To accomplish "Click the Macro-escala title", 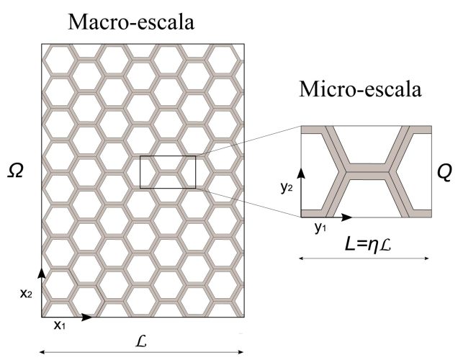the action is [131, 22].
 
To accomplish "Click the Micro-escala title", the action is [361, 89].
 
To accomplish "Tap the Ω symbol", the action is [15, 171].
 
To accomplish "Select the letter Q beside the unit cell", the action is [444, 173].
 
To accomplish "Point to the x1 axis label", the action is [59, 325].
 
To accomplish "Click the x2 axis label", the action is [26, 294].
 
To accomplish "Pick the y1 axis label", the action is [320, 228].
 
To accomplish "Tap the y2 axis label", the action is [287, 188].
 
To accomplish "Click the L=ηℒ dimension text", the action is [368, 245].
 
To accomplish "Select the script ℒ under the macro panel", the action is [141, 341].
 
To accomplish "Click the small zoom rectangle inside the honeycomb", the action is [168, 172].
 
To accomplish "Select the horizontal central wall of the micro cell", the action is [367, 171].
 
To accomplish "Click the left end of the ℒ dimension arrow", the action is [40, 352].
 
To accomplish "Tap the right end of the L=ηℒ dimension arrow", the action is [428, 258].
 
